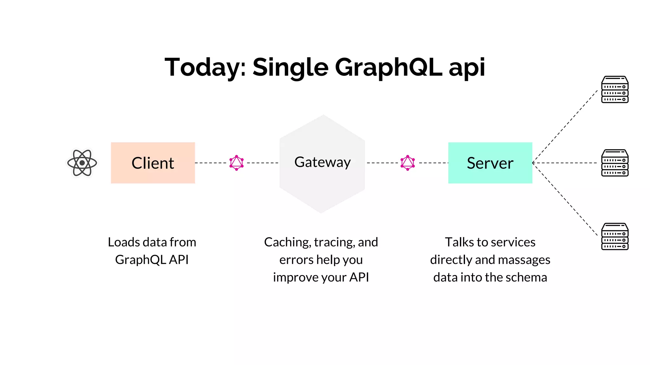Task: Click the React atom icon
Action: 82,163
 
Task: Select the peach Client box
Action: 153,163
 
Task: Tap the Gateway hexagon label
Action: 322,162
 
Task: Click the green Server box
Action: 490,163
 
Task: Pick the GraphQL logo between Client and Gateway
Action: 236,163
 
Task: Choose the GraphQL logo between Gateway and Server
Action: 408,163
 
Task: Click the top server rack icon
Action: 615,89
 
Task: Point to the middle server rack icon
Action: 615,163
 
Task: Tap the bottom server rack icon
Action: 615,236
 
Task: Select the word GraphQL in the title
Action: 388,67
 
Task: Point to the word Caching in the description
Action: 287,242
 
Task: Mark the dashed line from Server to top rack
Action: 565,126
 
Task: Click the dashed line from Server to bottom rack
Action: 565,199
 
